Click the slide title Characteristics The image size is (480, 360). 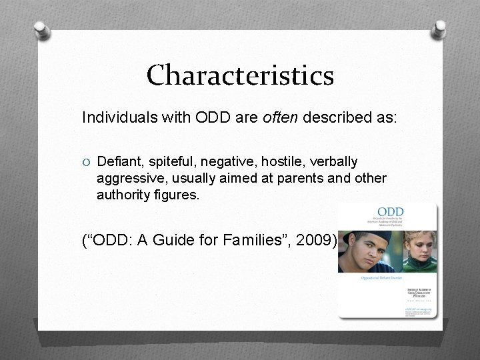(240, 75)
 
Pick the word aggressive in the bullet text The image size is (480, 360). (127, 179)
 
